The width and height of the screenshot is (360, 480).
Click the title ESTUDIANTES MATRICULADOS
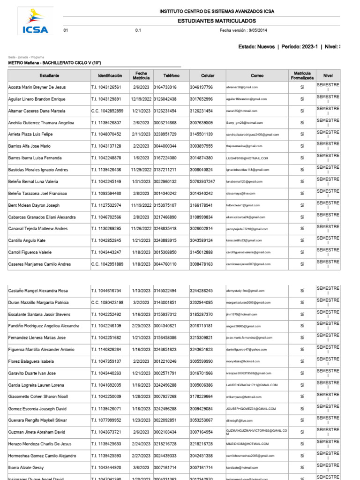[217, 21]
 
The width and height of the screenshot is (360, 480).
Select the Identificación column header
[110, 75]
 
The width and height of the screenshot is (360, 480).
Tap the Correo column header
[257, 75]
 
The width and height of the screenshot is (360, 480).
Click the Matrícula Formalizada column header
[302, 75]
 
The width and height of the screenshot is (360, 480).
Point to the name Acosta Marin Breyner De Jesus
[37, 87]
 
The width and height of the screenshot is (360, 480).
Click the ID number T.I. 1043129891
[106, 99]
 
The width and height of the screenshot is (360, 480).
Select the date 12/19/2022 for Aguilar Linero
[141, 99]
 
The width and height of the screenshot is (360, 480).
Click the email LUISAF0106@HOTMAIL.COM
[247, 158]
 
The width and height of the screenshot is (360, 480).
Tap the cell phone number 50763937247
[202, 181]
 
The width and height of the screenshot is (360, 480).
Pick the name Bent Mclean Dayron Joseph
[34, 205]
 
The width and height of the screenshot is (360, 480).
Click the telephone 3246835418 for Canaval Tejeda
[165, 229]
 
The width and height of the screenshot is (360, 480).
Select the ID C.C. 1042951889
[107, 264]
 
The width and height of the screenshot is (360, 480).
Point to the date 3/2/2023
[141, 302]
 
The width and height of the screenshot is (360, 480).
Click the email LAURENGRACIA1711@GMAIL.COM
[252, 385]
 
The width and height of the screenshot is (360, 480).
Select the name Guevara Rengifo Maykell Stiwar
[37, 420]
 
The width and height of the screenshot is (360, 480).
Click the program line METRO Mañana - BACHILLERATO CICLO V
[55, 63]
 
